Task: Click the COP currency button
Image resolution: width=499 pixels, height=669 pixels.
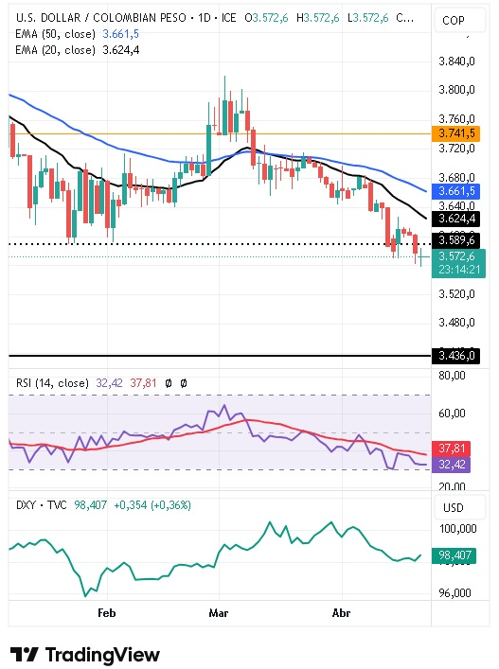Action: (453, 20)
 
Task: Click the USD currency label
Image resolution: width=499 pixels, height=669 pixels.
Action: (453, 507)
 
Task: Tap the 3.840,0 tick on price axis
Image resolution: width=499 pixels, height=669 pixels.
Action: (458, 62)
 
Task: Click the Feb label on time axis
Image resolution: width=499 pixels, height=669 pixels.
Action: (106, 613)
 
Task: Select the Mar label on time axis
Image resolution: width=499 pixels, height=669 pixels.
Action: (219, 613)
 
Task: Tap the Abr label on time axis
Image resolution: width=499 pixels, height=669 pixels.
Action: (342, 613)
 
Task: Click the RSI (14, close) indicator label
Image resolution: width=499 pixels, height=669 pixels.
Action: (53, 383)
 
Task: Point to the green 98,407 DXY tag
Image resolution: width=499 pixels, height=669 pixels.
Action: (458, 555)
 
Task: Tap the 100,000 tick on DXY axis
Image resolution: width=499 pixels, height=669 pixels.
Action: (458, 528)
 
